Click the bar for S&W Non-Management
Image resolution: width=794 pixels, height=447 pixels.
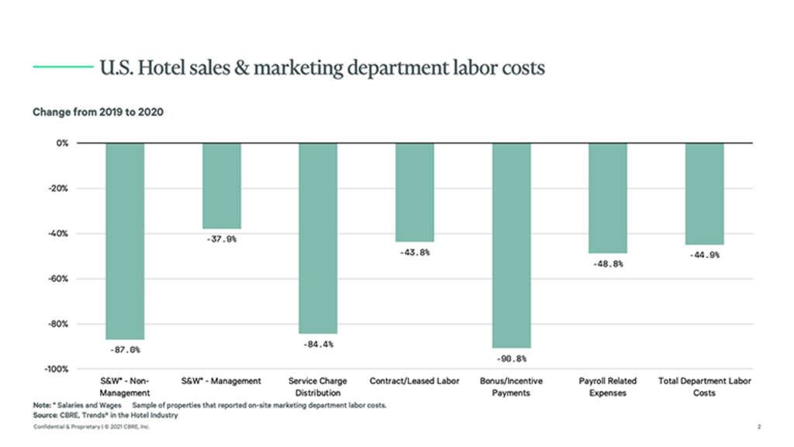(125, 241)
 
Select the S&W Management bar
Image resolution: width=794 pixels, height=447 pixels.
(222, 186)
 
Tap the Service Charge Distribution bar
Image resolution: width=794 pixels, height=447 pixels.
(318, 238)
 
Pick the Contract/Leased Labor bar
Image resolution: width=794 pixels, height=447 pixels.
(415, 192)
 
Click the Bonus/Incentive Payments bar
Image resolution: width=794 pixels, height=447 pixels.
(511, 246)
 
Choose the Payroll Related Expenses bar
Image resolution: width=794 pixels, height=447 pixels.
(608, 198)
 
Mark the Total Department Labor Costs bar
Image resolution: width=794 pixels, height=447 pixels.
(704, 194)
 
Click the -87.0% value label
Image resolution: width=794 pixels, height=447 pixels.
(125, 350)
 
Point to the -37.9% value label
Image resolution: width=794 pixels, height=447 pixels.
(222, 239)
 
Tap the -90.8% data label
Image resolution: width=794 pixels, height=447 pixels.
(511, 359)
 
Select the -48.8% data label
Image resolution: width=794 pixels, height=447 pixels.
(608, 263)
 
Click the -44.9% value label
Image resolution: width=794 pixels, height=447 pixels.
(704, 255)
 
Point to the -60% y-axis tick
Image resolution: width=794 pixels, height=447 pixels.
(58, 278)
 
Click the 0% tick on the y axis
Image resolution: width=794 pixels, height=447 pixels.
(62, 143)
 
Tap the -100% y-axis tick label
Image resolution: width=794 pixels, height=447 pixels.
(56, 369)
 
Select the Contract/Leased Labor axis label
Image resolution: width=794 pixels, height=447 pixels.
(415, 381)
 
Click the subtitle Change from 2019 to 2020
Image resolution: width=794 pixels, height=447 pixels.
(98, 112)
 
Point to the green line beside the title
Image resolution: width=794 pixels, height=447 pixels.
(63, 67)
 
